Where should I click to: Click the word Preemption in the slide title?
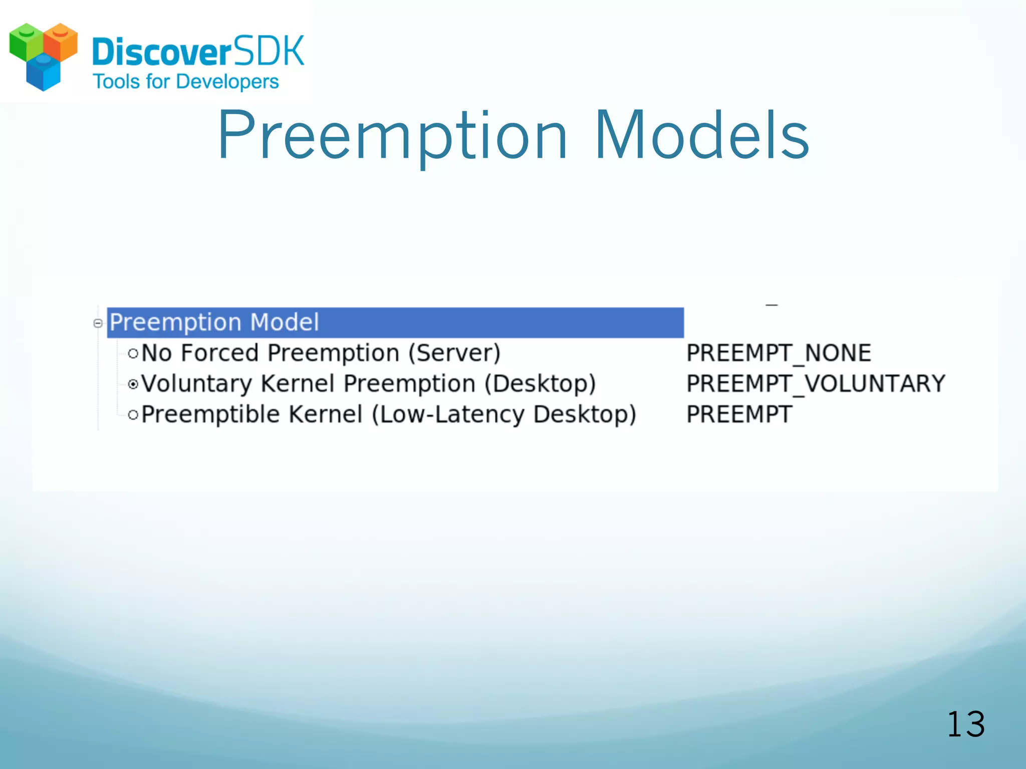[392, 136]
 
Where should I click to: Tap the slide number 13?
[965, 724]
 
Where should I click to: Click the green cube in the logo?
[26, 43]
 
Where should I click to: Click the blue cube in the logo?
[43, 73]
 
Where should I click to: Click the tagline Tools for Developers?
[186, 82]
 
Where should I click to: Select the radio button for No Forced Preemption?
[133, 354]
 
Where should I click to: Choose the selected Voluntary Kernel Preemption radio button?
[133, 384]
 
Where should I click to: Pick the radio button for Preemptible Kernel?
[133, 415]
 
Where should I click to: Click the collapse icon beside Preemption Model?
[98, 323]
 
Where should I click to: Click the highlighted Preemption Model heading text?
[214, 322]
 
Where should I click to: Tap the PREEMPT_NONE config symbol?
[779, 353]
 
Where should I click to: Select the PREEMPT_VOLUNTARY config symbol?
[815, 384]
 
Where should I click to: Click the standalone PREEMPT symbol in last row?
[739, 415]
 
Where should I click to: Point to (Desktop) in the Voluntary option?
[540, 384]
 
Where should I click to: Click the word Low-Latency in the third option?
[450, 415]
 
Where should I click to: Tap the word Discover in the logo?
[161, 52]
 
